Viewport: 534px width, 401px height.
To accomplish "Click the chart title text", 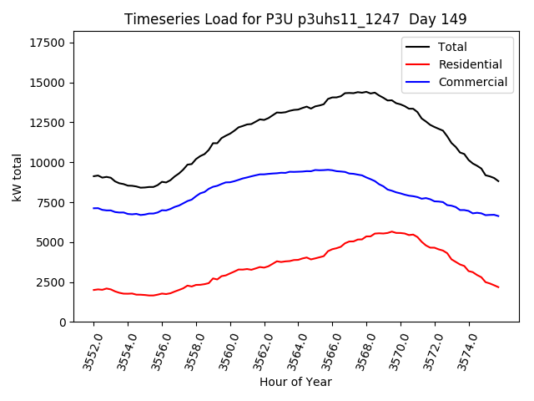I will tap(295, 18).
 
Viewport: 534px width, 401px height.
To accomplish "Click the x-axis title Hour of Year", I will tap(295, 382).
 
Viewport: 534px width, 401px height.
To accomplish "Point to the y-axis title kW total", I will tap(17, 177).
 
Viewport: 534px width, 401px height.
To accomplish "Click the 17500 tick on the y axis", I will tap(48, 43).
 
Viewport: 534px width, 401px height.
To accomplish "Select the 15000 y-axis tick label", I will tap(48, 84).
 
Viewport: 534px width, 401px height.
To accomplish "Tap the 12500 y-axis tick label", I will tap(48, 123).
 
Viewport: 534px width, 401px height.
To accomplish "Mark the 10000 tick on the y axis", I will tap(48, 163).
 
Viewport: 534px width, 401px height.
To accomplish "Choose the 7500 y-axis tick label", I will tap(51, 203).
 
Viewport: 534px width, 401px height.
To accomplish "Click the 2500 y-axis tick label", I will tap(51, 282).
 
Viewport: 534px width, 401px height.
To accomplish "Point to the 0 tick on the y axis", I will tap(63, 322).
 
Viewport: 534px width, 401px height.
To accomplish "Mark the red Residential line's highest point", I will tap(391, 231).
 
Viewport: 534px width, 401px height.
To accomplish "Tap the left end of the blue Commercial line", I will tap(93, 208).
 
